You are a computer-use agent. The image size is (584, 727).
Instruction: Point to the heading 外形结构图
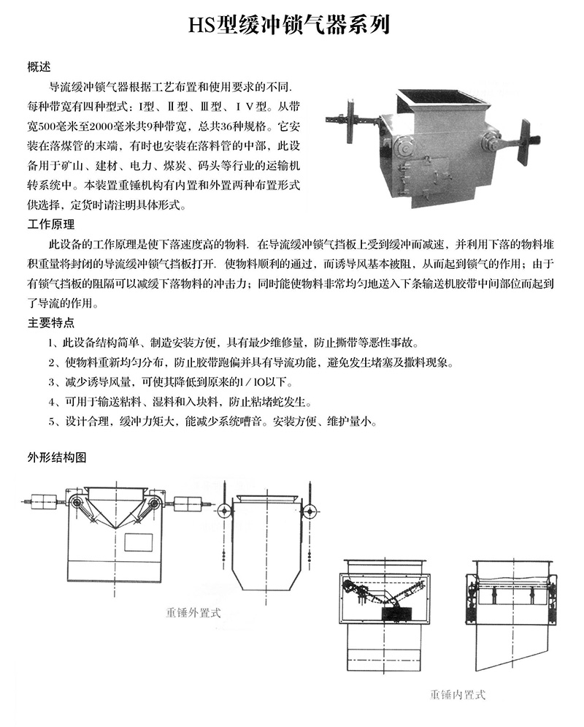tap(56, 458)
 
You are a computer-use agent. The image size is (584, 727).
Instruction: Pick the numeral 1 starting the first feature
tap(51, 343)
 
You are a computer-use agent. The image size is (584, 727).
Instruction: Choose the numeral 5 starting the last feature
tap(51, 421)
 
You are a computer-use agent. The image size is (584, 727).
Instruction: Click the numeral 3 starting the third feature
tap(51, 381)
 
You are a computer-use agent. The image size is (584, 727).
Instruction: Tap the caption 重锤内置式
tap(457, 694)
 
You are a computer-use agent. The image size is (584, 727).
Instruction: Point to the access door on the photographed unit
tap(435, 176)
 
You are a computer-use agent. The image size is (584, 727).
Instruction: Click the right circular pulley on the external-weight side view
tap(309, 510)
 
